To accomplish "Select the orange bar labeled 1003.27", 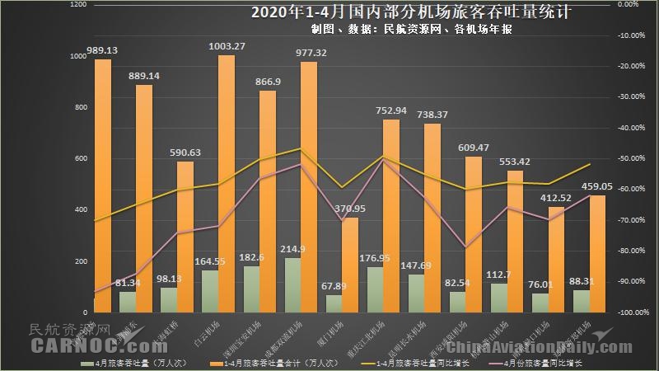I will point(226,181).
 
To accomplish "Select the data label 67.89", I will point(329,286).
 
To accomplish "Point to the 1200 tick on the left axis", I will point(79,5).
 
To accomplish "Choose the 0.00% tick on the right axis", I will point(629,5).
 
